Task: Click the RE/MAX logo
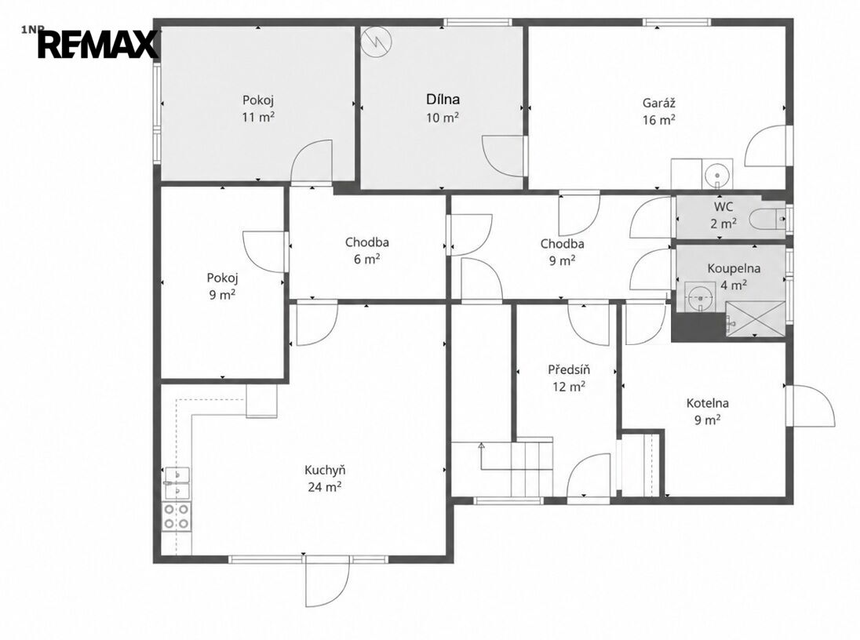click(98, 45)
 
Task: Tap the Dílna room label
click(443, 100)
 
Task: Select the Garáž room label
click(658, 103)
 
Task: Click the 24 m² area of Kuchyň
click(325, 487)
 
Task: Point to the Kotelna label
click(708, 403)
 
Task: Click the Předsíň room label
click(569, 369)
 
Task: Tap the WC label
click(723, 207)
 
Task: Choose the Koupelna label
click(734, 268)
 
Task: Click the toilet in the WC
click(767, 219)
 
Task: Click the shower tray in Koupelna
click(755, 318)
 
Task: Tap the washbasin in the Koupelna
click(700, 297)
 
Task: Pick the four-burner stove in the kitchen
click(177, 517)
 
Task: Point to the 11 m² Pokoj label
click(258, 108)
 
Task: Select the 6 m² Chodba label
click(367, 251)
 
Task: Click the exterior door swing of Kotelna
click(812, 405)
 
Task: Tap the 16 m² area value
click(658, 119)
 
